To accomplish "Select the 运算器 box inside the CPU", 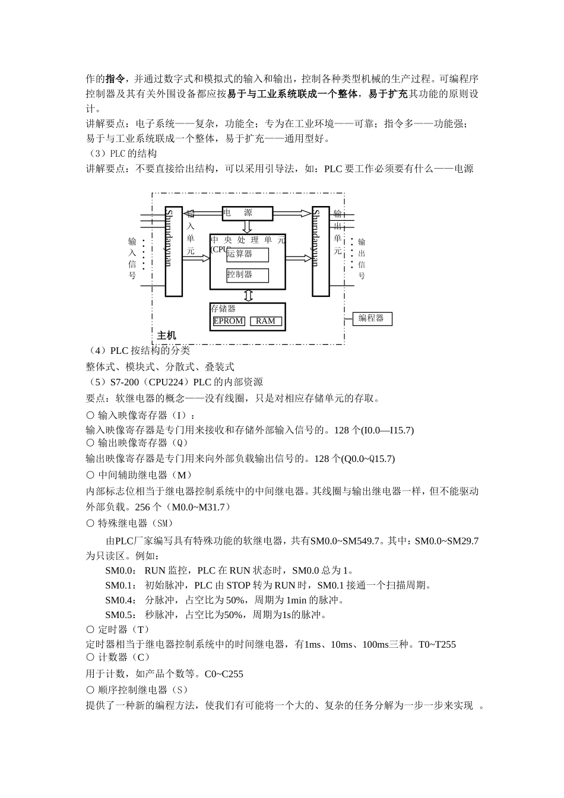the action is click(248, 254).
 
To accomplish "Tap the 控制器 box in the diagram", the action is click(248, 275).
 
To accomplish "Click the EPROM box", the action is click(229, 321).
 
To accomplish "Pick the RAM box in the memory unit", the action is click(265, 321).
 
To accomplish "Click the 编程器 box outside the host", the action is click(372, 318).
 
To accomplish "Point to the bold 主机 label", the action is click(167, 336).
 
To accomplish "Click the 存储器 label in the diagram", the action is click(223, 309).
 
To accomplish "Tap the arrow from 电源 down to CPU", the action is click(248, 227).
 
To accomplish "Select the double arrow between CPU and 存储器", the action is click(248, 296).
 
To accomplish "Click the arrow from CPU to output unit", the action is click(299, 258).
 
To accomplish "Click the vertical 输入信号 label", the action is click(132, 258).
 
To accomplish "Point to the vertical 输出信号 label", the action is click(362, 259).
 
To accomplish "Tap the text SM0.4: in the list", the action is click(121, 600).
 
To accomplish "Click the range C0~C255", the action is click(224, 674).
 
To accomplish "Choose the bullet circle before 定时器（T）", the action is click(90, 629).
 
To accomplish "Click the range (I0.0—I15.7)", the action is click(388, 430).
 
